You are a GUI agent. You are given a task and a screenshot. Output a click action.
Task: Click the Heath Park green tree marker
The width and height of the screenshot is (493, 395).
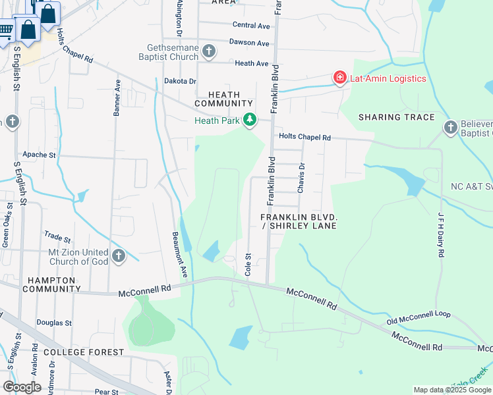pyautogui.click(x=249, y=120)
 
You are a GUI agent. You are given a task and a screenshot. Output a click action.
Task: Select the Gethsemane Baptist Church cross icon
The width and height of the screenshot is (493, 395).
pyautogui.click(x=208, y=51)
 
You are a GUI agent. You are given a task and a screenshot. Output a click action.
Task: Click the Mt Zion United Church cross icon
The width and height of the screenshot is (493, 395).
pyautogui.click(x=119, y=255)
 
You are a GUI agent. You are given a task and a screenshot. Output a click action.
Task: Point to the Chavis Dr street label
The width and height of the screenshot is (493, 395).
pyautogui.click(x=302, y=178)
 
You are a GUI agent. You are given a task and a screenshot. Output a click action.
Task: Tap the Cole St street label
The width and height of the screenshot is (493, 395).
pyautogui.click(x=248, y=264)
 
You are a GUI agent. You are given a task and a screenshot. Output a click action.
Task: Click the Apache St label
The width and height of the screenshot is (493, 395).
pyautogui.click(x=40, y=155)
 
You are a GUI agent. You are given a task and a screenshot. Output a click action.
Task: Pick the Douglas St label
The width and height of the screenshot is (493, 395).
pyautogui.click(x=54, y=323)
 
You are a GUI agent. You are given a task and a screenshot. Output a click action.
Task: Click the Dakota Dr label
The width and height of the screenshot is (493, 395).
pyautogui.click(x=180, y=81)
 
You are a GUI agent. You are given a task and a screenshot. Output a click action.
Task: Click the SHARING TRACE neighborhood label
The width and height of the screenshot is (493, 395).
pyautogui.click(x=396, y=117)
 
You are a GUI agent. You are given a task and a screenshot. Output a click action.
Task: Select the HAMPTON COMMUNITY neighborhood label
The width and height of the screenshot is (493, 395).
pyautogui.click(x=52, y=284)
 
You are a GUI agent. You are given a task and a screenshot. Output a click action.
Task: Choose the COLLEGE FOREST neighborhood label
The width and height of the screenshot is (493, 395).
pyautogui.click(x=84, y=352)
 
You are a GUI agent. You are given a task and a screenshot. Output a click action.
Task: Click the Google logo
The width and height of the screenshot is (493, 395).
pyautogui.click(x=22, y=386)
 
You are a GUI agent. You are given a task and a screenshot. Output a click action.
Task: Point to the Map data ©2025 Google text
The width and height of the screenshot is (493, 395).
pyautogui.click(x=451, y=390)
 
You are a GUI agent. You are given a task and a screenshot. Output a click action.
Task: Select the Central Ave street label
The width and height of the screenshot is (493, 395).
pyautogui.click(x=251, y=26)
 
